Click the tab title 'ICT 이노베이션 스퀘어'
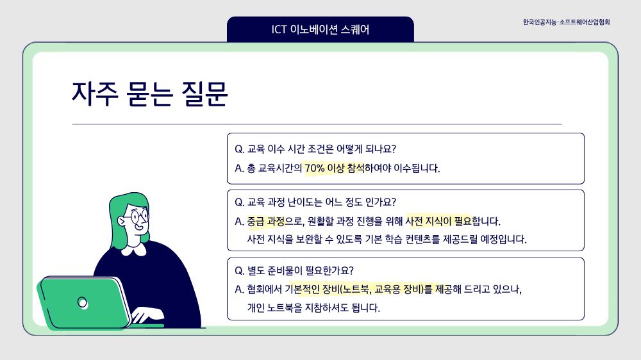coord(320,29)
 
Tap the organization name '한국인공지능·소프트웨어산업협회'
coord(566,22)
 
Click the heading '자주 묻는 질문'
coord(149,94)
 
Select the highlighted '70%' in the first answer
coord(314,168)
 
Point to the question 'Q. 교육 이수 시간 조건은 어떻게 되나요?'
coord(315,149)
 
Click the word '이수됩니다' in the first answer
coord(417,168)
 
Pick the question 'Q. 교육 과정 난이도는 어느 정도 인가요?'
coord(315,202)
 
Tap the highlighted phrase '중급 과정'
coord(266,222)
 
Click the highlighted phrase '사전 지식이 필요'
coord(438,222)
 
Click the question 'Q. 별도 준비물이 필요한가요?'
coord(294,270)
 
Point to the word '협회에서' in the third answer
coord(265,290)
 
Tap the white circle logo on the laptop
coord(83,303)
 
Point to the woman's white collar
coord(134,249)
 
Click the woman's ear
coord(121,221)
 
